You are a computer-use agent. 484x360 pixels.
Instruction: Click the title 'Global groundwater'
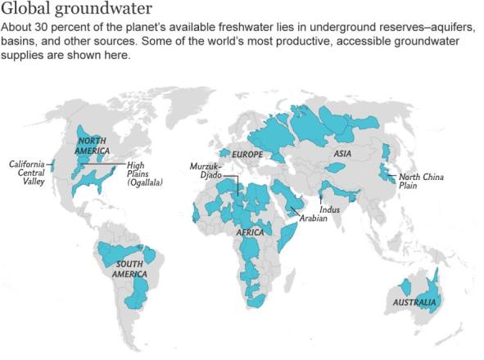[77, 10]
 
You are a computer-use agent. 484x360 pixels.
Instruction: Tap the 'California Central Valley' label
[27, 173]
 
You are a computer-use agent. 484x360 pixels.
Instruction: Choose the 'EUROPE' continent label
[247, 154]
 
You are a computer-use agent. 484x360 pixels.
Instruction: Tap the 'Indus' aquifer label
[330, 209]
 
